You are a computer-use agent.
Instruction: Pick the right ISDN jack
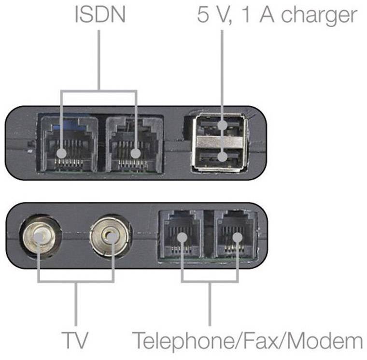134,143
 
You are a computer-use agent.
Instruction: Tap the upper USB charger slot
222,126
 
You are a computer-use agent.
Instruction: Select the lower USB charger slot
222,156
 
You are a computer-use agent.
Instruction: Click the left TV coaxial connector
40,237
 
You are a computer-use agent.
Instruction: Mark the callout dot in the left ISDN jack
61,154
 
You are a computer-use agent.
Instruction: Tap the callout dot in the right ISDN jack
136,154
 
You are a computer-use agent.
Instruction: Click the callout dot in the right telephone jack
237,237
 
